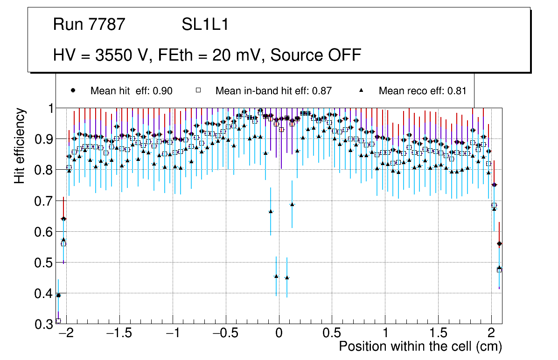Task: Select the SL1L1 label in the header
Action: (x=205, y=25)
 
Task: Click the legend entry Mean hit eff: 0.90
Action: (x=131, y=91)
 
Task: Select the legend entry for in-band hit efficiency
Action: (x=273, y=91)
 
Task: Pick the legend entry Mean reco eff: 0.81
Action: (x=422, y=91)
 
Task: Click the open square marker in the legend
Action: (x=198, y=90)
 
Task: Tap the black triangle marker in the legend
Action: (x=362, y=90)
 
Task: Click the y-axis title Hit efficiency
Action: (x=20, y=145)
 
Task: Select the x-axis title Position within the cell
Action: (x=420, y=347)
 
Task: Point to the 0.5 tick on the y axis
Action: (x=42, y=263)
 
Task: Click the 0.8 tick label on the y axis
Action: (x=42, y=170)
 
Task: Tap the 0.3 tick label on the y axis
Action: (x=42, y=324)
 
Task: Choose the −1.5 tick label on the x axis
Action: (x=119, y=334)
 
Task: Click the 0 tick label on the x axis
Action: (x=279, y=334)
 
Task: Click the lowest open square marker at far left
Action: (x=58, y=321)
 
